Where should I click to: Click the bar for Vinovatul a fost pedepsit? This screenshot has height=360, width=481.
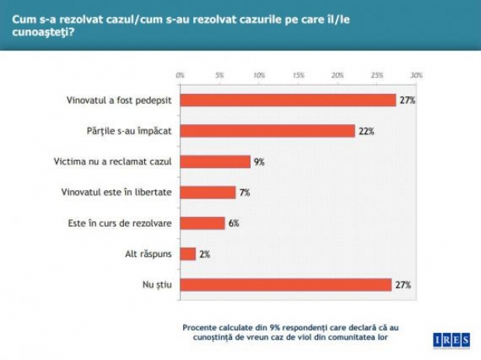[x=288, y=101]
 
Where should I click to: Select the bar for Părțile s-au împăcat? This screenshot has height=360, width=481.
[x=268, y=131]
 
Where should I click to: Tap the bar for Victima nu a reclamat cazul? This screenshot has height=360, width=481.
[x=215, y=162]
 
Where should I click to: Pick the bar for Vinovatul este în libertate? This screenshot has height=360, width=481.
[x=207, y=192]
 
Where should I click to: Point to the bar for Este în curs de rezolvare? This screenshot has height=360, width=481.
[x=202, y=223]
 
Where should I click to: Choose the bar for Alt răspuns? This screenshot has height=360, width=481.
[x=188, y=254]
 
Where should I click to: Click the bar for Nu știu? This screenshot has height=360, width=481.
[x=285, y=285]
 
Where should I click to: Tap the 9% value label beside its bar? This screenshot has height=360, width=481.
[x=259, y=162]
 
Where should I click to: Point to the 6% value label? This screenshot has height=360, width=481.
[x=234, y=223]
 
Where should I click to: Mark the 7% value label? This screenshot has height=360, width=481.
[x=244, y=192]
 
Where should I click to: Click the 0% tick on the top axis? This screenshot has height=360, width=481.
[x=180, y=75]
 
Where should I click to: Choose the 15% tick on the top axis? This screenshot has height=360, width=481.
[x=298, y=75]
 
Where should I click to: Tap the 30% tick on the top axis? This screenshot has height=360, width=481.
[x=416, y=75]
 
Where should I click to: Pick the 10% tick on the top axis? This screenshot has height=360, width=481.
[x=258, y=75]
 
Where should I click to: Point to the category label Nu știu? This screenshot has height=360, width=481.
[x=160, y=285]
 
